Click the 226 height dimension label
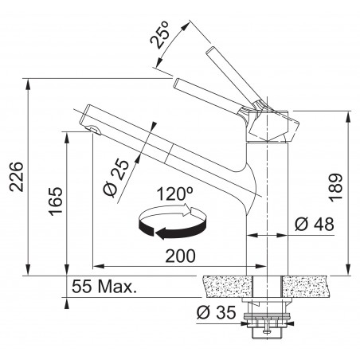[x=17, y=176]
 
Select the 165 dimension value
[x=56, y=201]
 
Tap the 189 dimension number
[x=335, y=187]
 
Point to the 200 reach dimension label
[x=180, y=256]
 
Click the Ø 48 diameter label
[x=315, y=224]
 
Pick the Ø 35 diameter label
[x=217, y=312]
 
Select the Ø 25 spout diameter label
[x=116, y=178]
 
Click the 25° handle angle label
[x=159, y=34]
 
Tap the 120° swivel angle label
[x=174, y=194]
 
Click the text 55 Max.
[x=104, y=287]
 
